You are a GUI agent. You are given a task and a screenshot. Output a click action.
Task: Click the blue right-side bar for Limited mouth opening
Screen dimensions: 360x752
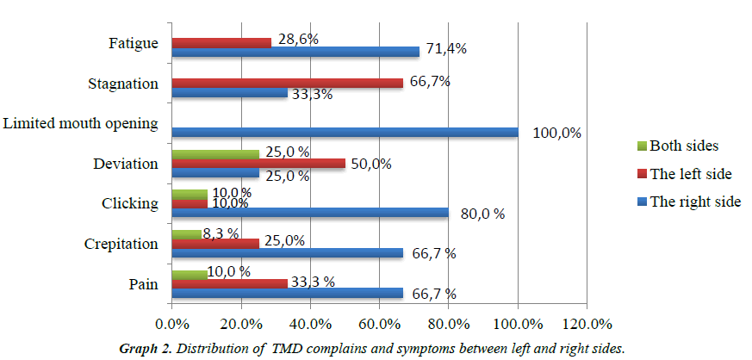point(345,132)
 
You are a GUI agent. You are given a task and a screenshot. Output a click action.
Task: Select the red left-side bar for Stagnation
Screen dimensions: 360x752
point(287,83)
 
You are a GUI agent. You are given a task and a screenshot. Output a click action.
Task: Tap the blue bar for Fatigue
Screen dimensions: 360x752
point(295,51)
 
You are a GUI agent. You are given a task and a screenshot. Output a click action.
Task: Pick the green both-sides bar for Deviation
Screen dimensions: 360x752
point(215,153)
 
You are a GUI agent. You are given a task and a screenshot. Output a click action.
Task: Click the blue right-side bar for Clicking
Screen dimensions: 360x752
point(310,213)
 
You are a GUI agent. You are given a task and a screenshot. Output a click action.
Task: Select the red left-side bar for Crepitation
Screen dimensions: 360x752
point(215,243)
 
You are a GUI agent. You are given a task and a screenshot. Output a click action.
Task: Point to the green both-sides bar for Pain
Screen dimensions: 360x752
point(190,273)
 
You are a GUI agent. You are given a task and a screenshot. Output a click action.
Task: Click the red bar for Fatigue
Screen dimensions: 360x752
point(221,41)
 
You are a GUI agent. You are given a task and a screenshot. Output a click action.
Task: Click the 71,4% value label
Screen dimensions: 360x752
point(444,49)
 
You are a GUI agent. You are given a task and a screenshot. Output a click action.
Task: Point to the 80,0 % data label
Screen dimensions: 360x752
point(482,213)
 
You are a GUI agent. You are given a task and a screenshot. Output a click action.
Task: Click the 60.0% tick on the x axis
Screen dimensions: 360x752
point(380,325)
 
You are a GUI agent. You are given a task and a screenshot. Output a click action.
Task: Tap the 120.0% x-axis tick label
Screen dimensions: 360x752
point(587,325)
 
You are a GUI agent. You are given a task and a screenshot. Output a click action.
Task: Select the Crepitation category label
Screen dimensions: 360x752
point(122,244)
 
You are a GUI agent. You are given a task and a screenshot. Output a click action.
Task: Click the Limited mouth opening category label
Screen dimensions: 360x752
point(80,124)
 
